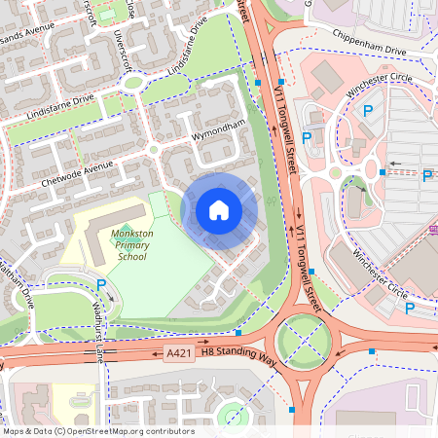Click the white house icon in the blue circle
[x=219, y=210]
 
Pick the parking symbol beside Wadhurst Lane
[x=102, y=284]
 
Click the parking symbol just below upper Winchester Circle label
[x=368, y=112]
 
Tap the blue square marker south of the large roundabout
[x=293, y=410]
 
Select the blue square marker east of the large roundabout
[x=371, y=350]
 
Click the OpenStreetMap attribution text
[x=97, y=431]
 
